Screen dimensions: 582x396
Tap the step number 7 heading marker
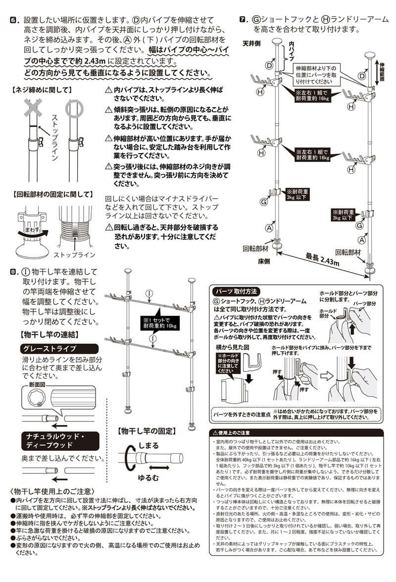pos(243,20)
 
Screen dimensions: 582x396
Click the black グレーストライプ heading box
pos(48,348)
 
